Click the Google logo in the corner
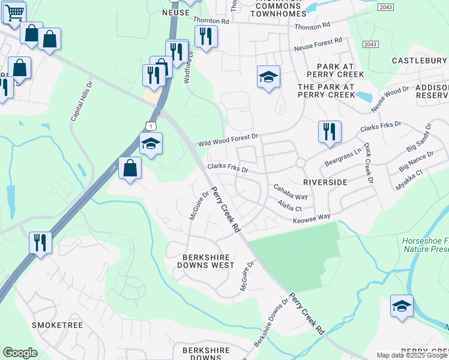click(20, 353)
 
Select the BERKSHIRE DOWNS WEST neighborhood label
click(208, 260)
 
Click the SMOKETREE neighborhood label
click(57, 325)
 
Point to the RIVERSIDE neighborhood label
click(325, 181)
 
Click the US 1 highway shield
click(151, 125)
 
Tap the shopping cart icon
click(13, 11)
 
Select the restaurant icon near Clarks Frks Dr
click(329, 132)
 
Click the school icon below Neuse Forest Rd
click(268, 77)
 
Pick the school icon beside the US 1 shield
click(151, 144)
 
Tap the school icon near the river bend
click(402, 306)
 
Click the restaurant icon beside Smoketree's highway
click(40, 243)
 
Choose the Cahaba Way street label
click(291, 192)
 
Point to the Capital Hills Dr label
click(82, 102)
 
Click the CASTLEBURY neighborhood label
click(419, 61)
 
